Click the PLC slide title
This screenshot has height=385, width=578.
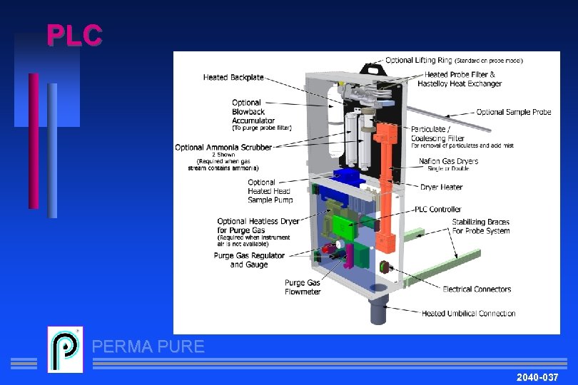click(74, 35)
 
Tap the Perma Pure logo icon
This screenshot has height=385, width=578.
click(65, 349)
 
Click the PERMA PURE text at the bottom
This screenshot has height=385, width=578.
click(148, 347)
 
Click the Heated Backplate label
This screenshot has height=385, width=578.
click(233, 78)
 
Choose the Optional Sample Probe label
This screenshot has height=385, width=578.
click(514, 112)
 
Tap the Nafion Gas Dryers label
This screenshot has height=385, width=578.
click(448, 161)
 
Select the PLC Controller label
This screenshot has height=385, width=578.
click(438, 210)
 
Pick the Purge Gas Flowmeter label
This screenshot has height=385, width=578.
click(303, 287)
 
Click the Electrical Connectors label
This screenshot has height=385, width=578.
click(477, 289)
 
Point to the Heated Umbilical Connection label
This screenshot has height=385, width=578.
click(468, 313)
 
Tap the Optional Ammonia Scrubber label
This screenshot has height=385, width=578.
click(223, 148)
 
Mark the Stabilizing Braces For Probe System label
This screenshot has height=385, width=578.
click(481, 227)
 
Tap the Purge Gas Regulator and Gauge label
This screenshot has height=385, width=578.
click(249, 260)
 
